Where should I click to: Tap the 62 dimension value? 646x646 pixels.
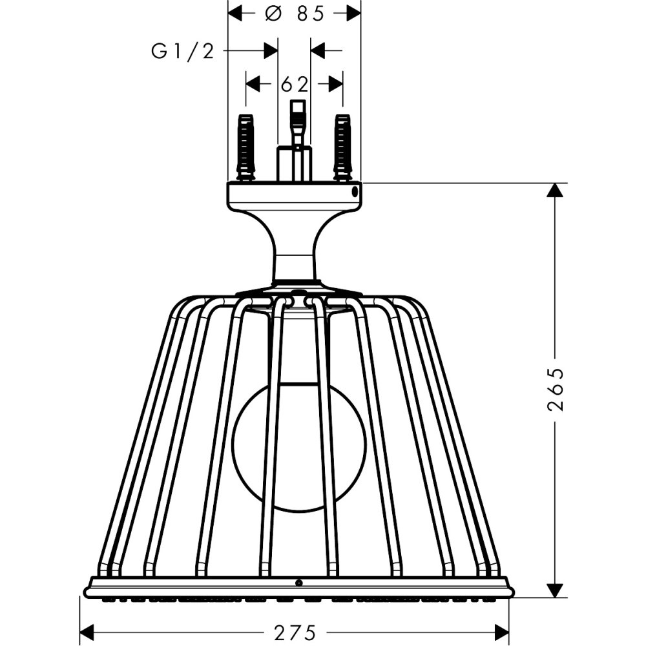295,84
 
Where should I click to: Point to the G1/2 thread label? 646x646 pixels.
182,50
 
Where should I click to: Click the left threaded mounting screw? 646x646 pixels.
245,147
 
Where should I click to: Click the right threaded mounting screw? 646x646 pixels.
342,147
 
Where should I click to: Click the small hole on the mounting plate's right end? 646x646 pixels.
355,193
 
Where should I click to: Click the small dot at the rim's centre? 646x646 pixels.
298,583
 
